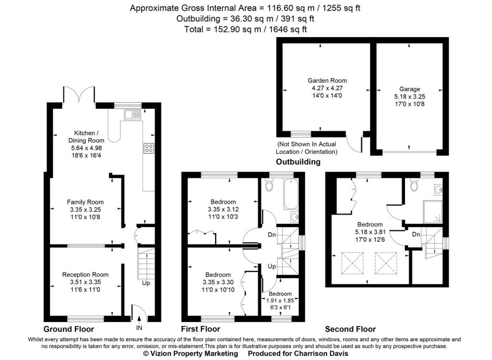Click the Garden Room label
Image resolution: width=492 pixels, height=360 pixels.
(327, 81)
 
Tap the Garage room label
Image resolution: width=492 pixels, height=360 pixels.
(409, 89)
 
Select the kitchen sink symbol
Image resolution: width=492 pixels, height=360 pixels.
(130, 114)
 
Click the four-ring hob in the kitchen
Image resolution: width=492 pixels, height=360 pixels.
(148, 149)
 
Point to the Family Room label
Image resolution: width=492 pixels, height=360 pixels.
(85, 202)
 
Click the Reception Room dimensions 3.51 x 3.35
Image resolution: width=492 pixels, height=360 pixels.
(85, 282)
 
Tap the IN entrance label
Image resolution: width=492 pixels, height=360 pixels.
(139, 328)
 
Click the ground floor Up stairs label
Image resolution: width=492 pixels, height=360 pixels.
(146, 283)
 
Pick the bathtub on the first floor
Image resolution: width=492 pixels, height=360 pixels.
(291, 194)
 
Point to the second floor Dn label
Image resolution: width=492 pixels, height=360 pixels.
(416, 234)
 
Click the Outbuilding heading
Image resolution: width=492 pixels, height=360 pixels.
(298, 162)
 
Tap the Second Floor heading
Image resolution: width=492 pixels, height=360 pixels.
(350, 329)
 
